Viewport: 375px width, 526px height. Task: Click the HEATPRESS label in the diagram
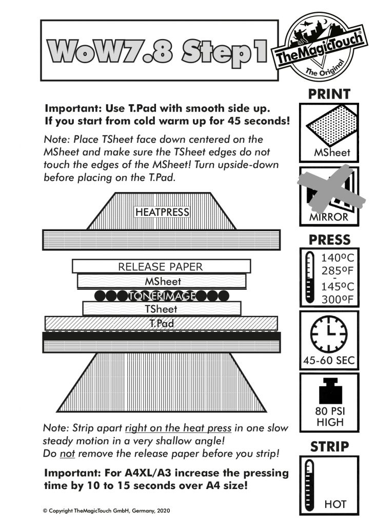click(162, 212)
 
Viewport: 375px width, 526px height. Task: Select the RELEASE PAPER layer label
click(161, 267)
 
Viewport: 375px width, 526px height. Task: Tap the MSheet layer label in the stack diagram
click(163, 281)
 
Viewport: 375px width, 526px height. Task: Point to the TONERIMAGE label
click(162, 295)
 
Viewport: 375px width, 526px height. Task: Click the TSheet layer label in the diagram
click(161, 309)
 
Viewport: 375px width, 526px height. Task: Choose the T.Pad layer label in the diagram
click(162, 323)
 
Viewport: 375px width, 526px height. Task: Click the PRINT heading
click(329, 94)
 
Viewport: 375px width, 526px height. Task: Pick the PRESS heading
click(329, 240)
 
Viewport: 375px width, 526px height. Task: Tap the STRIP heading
click(329, 447)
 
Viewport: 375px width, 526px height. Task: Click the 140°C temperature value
click(338, 258)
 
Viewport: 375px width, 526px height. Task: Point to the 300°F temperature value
click(338, 299)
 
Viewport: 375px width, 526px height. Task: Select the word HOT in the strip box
click(335, 504)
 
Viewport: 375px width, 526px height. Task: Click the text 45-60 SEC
click(329, 360)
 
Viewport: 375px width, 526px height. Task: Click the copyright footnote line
click(106, 511)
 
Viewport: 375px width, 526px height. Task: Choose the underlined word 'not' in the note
click(67, 454)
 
